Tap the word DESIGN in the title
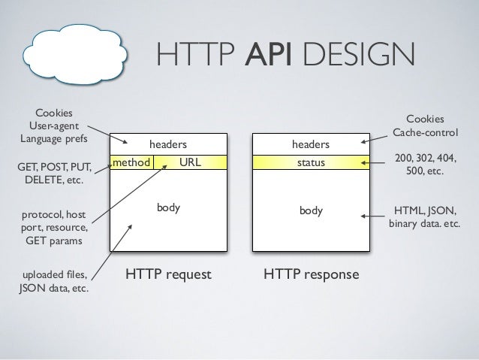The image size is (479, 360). (358, 55)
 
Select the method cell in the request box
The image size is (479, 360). (132, 161)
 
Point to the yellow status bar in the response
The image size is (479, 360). (311, 162)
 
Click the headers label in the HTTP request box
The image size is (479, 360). (167, 144)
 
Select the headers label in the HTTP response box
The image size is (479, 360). (311, 144)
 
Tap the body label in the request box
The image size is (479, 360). (167, 207)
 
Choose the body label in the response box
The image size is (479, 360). (311, 211)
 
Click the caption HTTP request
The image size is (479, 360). (168, 275)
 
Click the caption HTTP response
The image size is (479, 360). (311, 275)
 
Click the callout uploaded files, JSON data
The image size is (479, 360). (52, 280)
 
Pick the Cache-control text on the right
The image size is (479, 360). (424, 133)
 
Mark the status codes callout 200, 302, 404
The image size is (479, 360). (425, 165)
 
